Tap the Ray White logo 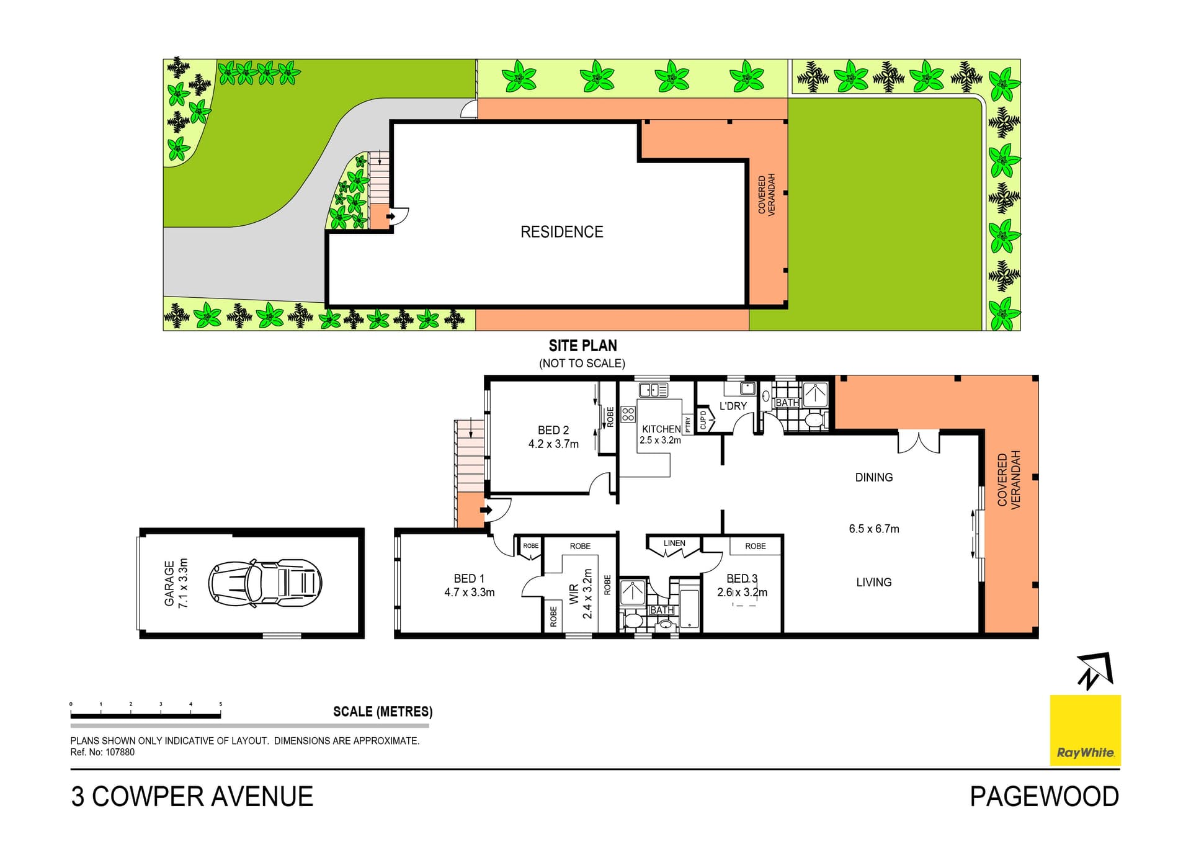1085,730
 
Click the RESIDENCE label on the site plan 561,232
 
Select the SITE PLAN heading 582,346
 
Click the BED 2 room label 553,430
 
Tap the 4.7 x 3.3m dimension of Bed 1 470,593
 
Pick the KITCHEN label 661,429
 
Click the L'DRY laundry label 733,406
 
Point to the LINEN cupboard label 674,543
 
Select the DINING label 874,477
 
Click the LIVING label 874,582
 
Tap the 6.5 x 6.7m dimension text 874,529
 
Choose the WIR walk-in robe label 574,594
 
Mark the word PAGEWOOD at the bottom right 1045,797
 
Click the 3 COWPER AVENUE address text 192,797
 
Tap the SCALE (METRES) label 383,712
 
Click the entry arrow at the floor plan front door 486,510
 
